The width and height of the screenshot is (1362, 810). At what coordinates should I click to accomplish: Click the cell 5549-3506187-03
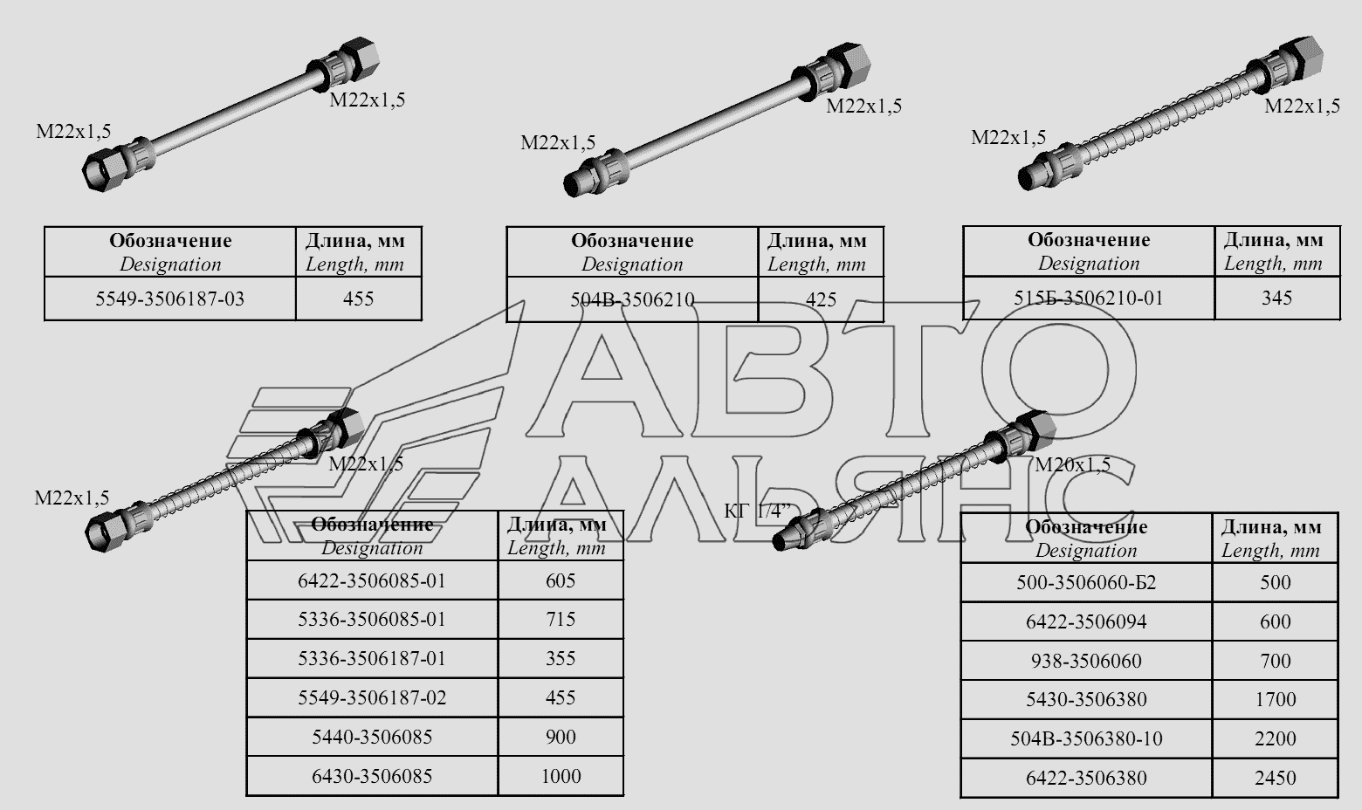coord(169,299)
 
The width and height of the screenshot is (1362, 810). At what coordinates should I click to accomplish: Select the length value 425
coord(821,299)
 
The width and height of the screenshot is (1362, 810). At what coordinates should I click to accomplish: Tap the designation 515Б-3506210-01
coord(1089,298)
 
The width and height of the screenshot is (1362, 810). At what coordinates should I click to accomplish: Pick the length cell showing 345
coord(1276,298)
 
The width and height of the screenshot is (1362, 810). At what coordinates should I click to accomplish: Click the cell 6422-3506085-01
coord(372,581)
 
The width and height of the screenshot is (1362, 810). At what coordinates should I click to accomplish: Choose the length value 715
coord(561,619)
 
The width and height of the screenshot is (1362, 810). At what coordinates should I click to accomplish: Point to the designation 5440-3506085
coord(372,737)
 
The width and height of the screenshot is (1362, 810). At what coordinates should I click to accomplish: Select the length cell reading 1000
coord(561,776)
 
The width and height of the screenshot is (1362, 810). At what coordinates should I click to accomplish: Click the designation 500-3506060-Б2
coord(1086,583)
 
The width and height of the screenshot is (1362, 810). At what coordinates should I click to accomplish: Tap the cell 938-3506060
coord(1086,661)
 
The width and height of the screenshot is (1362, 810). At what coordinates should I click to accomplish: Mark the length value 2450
coord(1275,778)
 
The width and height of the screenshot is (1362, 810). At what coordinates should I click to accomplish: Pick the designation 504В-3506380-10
coord(1086,739)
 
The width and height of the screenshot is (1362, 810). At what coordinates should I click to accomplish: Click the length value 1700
coord(1275,699)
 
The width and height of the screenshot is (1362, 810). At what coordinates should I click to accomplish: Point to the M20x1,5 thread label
coord(1072,465)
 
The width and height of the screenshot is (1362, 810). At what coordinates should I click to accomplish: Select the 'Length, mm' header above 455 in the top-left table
coord(354,264)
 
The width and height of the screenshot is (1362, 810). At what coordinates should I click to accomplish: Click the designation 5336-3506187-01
coord(372,659)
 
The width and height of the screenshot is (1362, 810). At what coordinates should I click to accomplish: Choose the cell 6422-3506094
coord(1086,621)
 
